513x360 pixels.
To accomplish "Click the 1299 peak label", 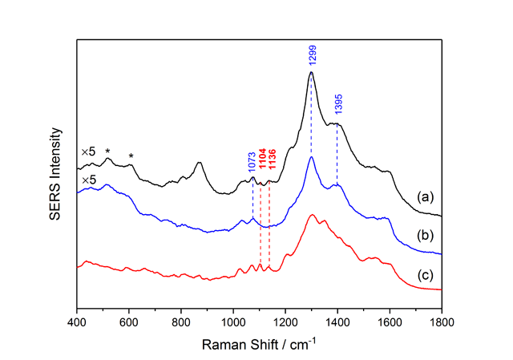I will coord(311,55).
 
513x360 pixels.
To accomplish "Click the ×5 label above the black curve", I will coord(88,152).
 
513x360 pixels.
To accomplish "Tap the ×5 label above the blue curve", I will coord(88,180).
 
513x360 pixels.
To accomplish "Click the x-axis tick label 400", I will coord(77,323).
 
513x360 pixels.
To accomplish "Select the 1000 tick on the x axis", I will coord(233,323).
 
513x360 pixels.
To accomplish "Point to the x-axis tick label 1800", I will coord(442,323).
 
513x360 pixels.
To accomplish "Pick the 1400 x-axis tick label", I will coord(337,323).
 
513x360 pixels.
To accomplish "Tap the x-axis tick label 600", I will coord(129,323).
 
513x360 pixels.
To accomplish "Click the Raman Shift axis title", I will coord(259,343).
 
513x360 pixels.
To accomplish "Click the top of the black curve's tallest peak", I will coord(311,72).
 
